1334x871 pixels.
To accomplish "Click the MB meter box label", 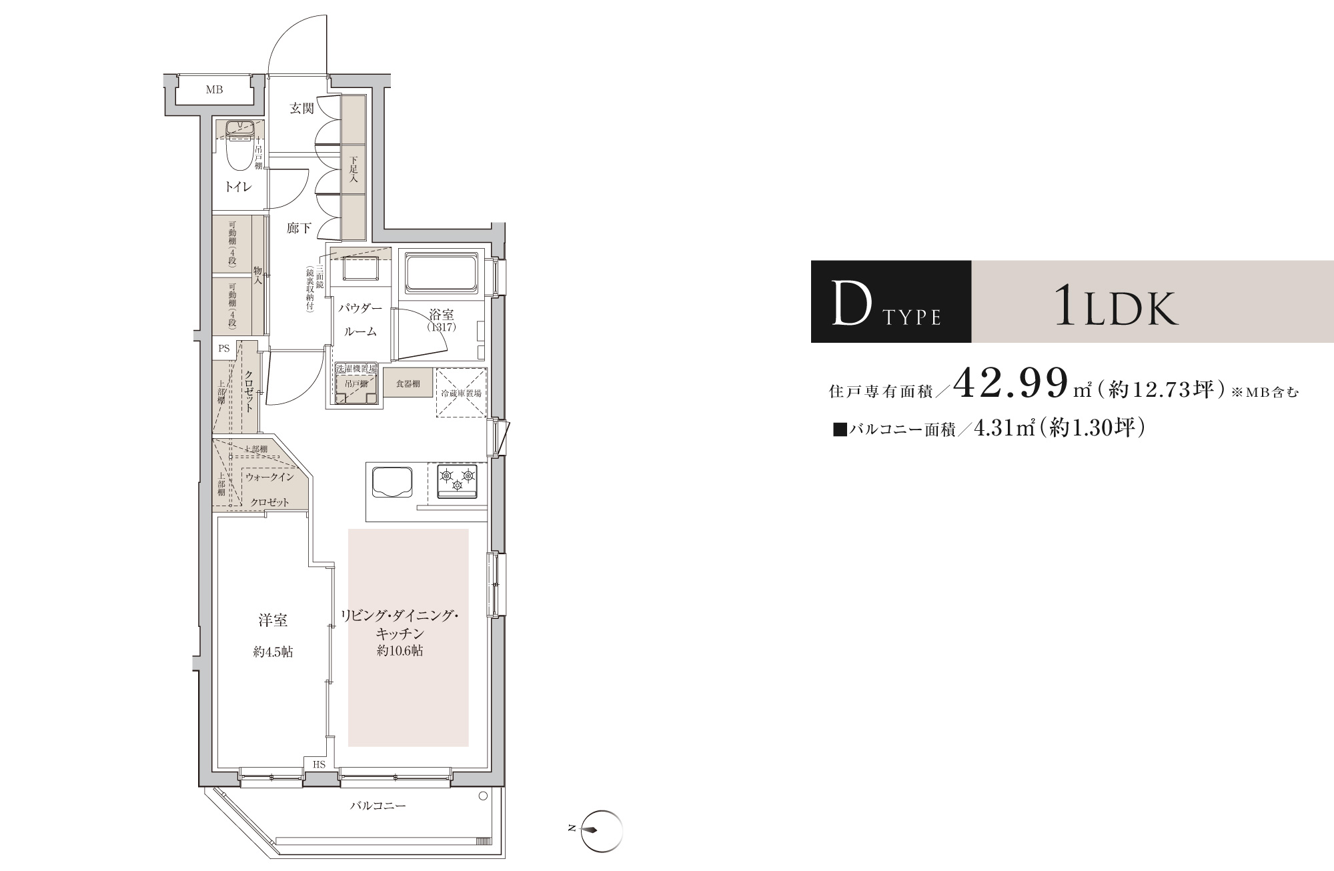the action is point(214,89).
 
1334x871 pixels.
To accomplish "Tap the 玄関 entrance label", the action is point(301,109).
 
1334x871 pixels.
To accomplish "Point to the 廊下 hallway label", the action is point(299,228).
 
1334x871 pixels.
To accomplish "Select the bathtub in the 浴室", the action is point(441,273).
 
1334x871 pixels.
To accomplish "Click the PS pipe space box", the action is point(224,348).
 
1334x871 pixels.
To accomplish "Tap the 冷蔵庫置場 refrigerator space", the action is point(461,393).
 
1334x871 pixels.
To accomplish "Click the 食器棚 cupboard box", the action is point(408,383).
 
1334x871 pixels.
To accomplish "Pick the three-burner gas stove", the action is point(457,481).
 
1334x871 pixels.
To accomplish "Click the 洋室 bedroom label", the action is point(273,620).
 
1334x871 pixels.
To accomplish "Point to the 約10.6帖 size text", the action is point(400,651).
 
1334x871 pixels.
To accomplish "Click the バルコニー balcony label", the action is point(378,806).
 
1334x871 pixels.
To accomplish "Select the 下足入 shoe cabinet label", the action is point(354,169).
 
